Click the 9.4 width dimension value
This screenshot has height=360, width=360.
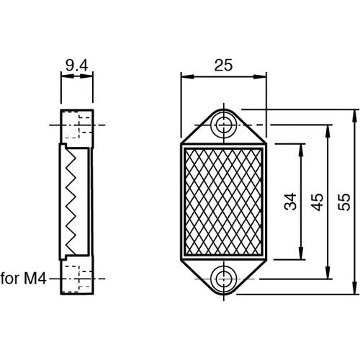(x=76, y=67)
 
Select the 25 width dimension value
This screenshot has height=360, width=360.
(x=223, y=66)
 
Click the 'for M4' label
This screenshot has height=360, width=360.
(x=23, y=277)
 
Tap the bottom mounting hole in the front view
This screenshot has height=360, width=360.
(x=225, y=276)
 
